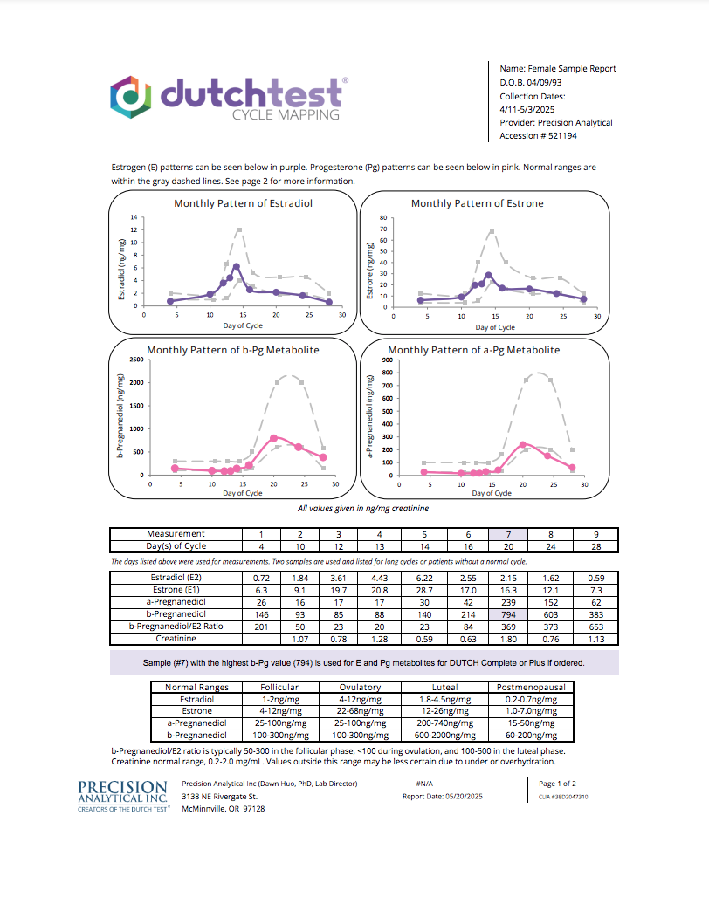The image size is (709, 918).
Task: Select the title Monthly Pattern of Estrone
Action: pyautogui.click(x=477, y=203)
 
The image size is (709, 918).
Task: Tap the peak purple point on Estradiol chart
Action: pyautogui.click(x=237, y=266)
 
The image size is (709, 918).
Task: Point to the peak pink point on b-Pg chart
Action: pyautogui.click(x=273, y=438)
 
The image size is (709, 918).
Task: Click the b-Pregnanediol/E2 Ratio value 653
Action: pyautogui.click(x=596, y=627)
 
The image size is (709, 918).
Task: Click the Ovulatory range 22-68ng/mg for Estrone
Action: pyautogui.click(x=361, y=710)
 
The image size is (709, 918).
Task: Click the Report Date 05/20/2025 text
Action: pyautogui.click(x=442, y=797)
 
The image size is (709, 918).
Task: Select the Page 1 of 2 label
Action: pyautogui.click(x=557, y=784)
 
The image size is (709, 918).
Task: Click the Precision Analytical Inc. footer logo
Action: pyautogui.click(x=122, y=797)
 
